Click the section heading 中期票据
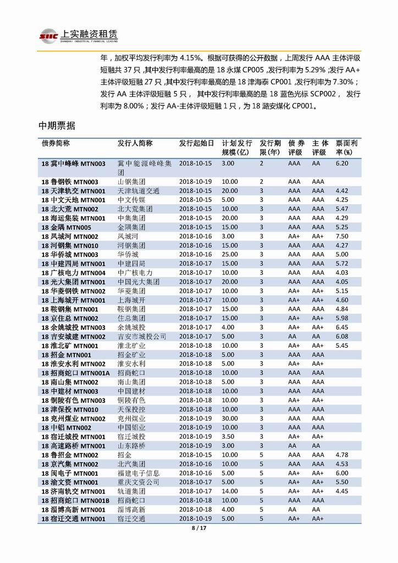click(x=57, y=127)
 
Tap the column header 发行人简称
click(x=135, y=143)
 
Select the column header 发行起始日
click(x=196, y=143)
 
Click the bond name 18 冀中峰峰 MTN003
click(x=73, y=163)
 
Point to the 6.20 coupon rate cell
click(x=342, y=163)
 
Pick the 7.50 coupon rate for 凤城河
click(x=342, y=236)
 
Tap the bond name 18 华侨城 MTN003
click(x=70, y=254)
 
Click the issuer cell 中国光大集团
click(x=139, y=282)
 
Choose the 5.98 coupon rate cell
click(x=342, y=318)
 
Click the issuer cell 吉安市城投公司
click(x=142, y=336)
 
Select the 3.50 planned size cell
click(x=228, y=436)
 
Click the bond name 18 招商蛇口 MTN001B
click(x=75, y=500)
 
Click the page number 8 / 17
click(x=198, y=528)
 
